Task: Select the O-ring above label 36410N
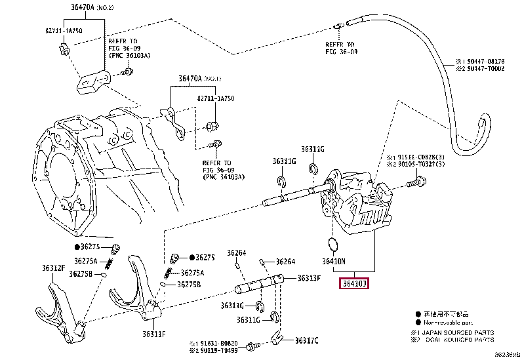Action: click(333, 245)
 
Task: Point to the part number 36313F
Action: click(308, 278)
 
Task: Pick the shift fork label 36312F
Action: click(53, 268)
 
